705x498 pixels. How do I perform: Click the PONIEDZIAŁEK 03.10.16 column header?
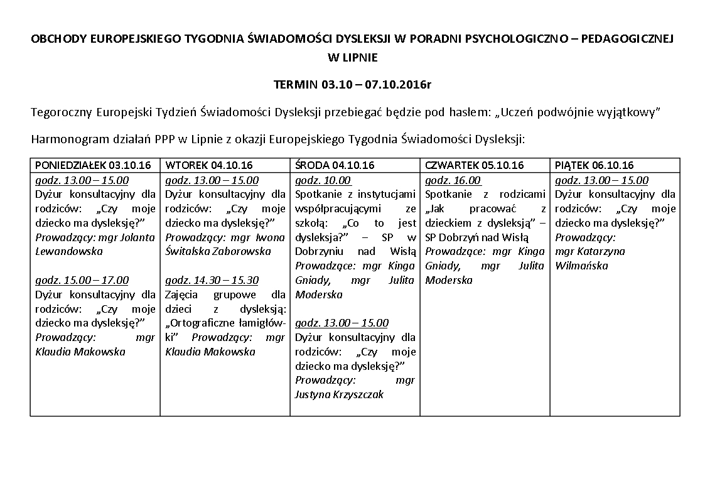click(x=94, y=166)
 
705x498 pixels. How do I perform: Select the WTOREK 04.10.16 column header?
click(x=209, y=166)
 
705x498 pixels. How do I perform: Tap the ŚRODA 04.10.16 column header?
click(x=335, y=166)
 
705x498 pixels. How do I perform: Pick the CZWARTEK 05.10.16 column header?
click(x=475, y=166)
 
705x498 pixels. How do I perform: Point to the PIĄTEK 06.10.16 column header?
click(x=595, y=166)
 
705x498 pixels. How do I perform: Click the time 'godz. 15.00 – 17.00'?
click(x=82, y=280)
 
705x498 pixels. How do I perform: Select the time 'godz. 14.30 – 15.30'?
click(x=212, y=280)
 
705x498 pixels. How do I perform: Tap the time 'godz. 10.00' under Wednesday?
click(x=323, y=180)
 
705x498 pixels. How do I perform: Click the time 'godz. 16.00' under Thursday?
click(x=453, y=180)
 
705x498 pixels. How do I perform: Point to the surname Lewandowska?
click(x=69, y=251)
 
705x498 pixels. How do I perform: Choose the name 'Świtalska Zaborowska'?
click(x=218, y=251)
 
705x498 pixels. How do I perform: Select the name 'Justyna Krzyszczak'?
click(x=339, y=394)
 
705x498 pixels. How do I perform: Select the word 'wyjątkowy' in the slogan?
click(x=630, y=112)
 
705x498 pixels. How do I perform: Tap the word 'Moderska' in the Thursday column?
click(x=449, y=280)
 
